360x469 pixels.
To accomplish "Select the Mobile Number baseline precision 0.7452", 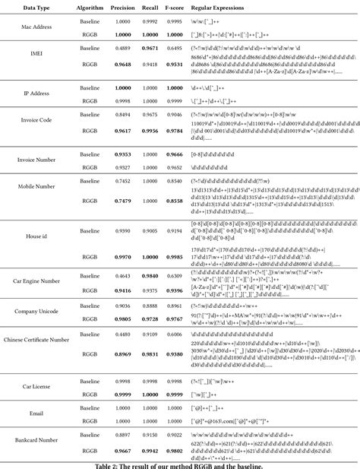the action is coord(122,182).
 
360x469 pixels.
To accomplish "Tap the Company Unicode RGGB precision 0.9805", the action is coord(122,318).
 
